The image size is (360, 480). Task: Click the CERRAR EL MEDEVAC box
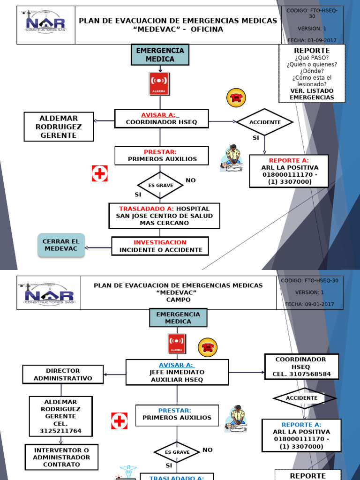pyautogui.click(x=61, y=245)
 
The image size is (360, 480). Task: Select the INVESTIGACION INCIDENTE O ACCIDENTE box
pyautogui.click(x=160, y=246)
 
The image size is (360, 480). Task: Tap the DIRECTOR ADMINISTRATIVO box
pyautogui.click(x=63, y=374)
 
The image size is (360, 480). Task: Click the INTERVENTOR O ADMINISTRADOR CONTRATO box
pyautogui.click(x=61, y=457)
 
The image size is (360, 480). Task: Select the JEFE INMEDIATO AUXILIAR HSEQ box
pyautogui.click(x=177, y=372)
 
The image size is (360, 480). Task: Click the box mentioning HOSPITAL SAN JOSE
pyautogui.click(x=164, y=216)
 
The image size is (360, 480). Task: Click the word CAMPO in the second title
pyautogui.click(x=178, y=300)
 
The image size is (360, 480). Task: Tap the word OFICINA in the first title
pyautogui.click(x=207, y=30)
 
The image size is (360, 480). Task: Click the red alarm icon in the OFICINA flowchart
pyautogui.click(x=159, y=84)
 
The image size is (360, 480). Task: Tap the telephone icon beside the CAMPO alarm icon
pyautogui.click(x=208, y=347)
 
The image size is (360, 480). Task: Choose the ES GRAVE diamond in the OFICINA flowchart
pyautogui.click(x=160, y=185)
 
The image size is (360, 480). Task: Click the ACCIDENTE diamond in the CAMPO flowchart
pyautogui.click(x=305, y=398)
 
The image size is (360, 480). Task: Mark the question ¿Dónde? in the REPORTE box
pyautogui.click(x=312, y=71)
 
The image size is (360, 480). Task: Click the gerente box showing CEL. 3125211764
pyautogui.click(x=60, y=416)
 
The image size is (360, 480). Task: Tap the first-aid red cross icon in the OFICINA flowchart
pyautogui.click(x=100, y=173)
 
